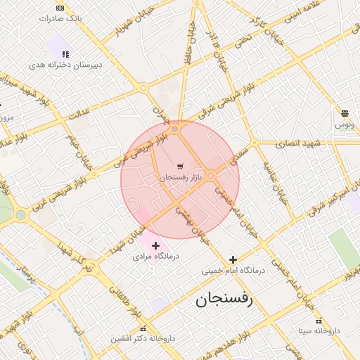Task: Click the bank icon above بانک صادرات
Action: pos(59,8)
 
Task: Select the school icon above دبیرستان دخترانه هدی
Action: pos(65,53)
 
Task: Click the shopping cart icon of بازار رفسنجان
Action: pos(181,167)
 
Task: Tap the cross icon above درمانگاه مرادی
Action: pos(155,245)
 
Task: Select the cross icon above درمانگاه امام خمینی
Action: pos(233,259)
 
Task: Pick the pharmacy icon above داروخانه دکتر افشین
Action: pos(143,328)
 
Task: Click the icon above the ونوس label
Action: pos(345,113)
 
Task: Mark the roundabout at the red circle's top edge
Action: pos(175,129)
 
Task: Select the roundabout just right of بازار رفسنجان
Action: pos(211,176)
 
